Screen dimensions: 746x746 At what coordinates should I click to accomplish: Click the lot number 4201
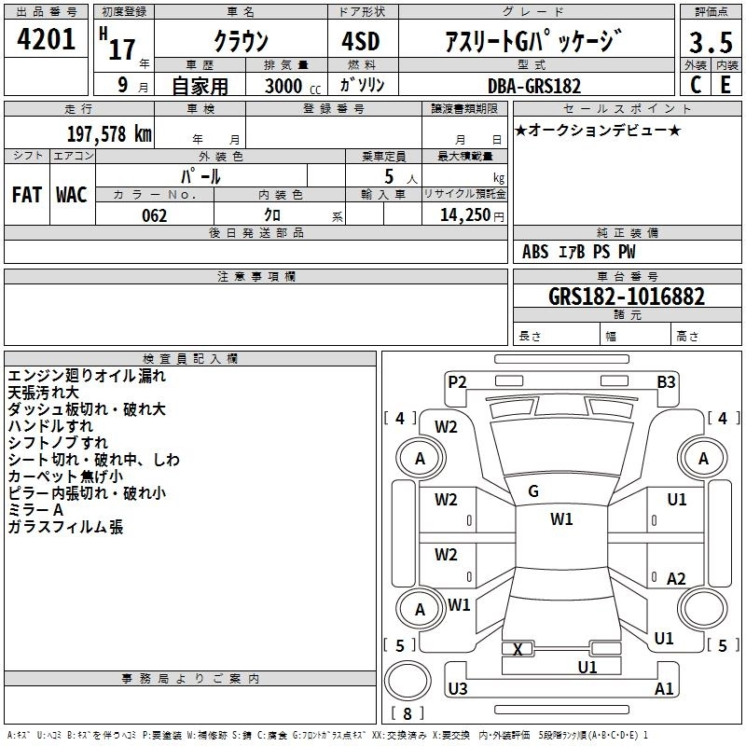[x=46, y=41]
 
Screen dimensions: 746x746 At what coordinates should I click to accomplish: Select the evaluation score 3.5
[x=710, y=43]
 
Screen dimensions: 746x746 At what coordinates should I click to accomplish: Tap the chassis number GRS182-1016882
[x=626, y=297]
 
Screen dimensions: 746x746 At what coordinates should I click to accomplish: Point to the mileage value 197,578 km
[x=109, y=133]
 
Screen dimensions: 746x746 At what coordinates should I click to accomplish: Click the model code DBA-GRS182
[x=533, y=86]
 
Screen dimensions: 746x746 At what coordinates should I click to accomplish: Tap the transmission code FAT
[x=27, y=195]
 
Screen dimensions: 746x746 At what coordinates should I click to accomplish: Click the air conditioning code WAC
[x=71, y=195]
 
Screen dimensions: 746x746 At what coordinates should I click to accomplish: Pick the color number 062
[x=154, y=215]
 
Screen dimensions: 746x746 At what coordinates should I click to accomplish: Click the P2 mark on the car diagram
[x=457, y=381]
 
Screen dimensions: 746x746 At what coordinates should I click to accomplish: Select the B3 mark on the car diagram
[x=666, y=381]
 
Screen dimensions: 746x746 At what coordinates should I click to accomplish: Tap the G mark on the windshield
[x=533, y=491]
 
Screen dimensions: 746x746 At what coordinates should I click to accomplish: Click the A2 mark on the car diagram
[x=677, y=578]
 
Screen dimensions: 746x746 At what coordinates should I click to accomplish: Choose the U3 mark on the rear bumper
[x=457, y=688]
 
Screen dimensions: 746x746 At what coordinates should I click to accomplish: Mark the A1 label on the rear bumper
[x=664, y=688]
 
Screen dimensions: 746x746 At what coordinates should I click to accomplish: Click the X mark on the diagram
[x=518, y=649]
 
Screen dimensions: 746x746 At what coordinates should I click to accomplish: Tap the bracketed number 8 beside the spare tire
[x=407, y=713]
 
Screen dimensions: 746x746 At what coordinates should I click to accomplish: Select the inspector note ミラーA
[x=35, y=510]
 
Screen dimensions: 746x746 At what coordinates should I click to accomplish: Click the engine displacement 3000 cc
[x=285, y=86]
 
